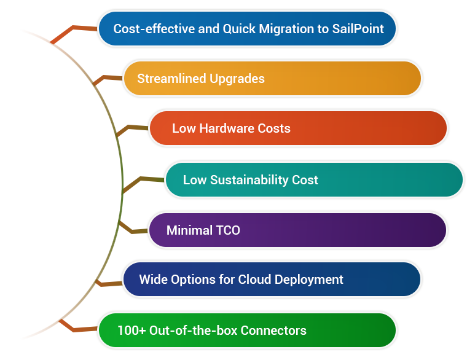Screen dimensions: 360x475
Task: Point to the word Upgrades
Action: point(237,79)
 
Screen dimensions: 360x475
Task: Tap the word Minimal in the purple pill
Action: point(189,231)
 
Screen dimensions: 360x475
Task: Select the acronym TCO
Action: point(227,231)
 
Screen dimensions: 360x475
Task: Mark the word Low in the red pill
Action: point(183,128)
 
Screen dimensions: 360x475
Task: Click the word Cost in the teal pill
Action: point(305,180)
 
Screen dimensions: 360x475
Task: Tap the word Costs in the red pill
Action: point(273,128)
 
